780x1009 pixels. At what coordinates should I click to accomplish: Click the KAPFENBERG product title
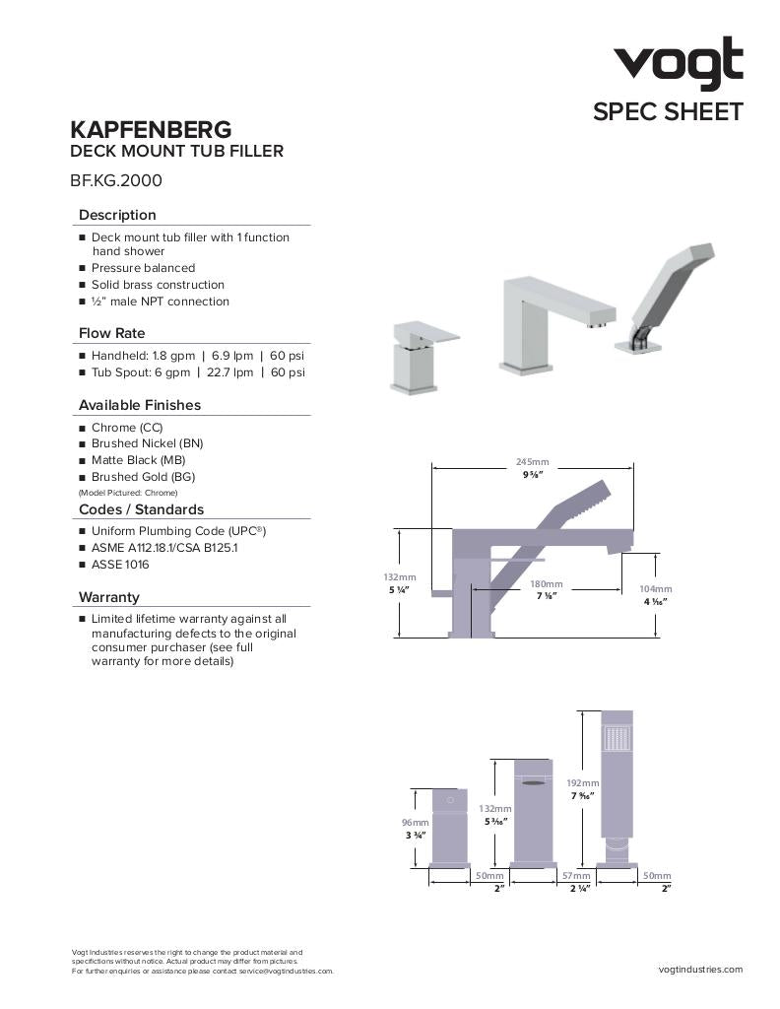(x=151, y=129)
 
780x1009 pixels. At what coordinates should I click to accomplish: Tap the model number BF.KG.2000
(x=115, y=180)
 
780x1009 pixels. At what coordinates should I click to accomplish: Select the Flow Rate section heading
(x=111, y=333)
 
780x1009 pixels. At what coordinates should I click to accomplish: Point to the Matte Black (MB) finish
(x=138, y=460)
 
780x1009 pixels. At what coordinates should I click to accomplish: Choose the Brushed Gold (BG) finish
(x=143, y=477)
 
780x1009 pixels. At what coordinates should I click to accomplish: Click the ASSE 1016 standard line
(x=122, y=565)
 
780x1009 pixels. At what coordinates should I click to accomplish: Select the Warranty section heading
(x=108, y=597)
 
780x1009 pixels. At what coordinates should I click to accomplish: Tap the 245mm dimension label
(x=532, y=462)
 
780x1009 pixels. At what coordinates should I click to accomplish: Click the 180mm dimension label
(x=547, y=584)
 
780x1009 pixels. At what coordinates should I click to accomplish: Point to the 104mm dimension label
(x=656, y=588)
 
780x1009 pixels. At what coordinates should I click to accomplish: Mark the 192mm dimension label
(x=582, y=782)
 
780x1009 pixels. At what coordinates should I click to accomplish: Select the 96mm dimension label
(x=415, y=823)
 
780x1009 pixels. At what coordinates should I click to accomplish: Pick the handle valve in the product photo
(x=417, y=354)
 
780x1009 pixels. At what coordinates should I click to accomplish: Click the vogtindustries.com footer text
(x=700, y=970)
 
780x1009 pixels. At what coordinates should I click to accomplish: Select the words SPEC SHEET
(x=667, y=111)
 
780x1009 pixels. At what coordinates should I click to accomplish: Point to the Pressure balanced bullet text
(x=143, y=268)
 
